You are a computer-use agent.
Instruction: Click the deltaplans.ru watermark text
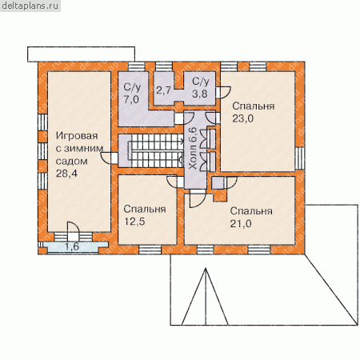point(30,6)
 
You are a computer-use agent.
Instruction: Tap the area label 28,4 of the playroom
point(66,174)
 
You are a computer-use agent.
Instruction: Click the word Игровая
point(77,136)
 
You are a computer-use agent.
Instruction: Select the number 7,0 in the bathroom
point(131,99)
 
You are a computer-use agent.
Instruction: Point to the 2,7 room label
point(163,90)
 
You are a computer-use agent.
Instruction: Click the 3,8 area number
point(200,94)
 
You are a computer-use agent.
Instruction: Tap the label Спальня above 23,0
point(253,106)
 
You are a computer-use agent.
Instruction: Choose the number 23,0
point(242,118)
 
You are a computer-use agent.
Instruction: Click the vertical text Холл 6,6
point(193,149)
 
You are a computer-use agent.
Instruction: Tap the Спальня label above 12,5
point(145,209)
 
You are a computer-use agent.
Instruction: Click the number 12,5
point(134,222)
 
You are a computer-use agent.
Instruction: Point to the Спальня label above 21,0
point(251,211)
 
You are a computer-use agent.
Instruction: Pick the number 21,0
point(241,224)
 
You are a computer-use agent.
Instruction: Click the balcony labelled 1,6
point(72,246)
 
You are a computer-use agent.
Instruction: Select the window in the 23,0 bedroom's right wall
point(300,158)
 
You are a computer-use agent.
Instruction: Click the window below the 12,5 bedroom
point(150,250)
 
